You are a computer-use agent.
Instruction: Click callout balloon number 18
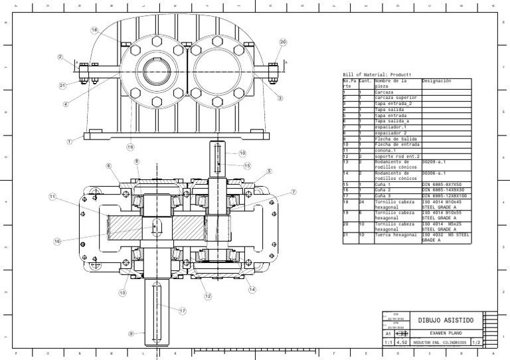click(94, 30)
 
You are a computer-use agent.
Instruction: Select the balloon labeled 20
click(283, 42)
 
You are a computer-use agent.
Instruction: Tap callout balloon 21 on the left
click(62, 86)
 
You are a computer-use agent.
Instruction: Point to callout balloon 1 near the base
click(69, 141)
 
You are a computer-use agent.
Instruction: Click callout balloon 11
click(52, 197)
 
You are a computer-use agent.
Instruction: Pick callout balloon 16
click(57, 241)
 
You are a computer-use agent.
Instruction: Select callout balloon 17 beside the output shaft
click(183, 310)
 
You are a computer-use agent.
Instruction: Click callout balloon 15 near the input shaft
click(248, 166)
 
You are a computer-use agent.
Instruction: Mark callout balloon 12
click(208, 296)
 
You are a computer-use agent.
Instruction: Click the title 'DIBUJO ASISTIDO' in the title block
click(445, 320)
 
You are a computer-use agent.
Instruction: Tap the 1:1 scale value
click(388, 343)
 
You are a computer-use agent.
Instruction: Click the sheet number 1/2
click(475, 343)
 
